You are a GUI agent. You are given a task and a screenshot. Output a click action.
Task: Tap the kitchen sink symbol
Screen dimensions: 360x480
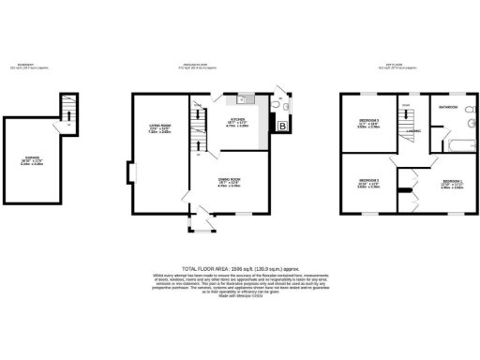pos(240,98)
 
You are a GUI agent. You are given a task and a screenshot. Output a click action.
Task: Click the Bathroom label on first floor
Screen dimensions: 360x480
pos(448,108)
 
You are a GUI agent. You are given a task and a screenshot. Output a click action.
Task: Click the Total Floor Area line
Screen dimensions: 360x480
pos(239,267)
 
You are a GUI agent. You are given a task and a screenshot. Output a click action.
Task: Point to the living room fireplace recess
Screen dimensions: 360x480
pos(131,173)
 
